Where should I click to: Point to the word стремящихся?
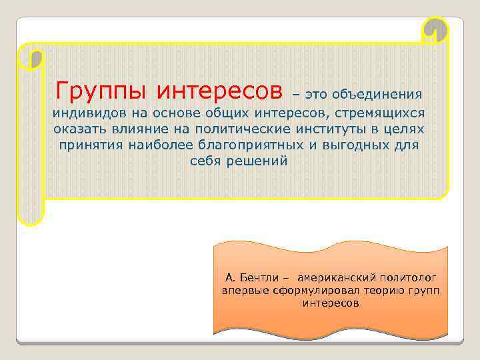click(385, 111)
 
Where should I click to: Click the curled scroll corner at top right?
click(435, 30)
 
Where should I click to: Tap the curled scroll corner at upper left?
click(31, 57)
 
